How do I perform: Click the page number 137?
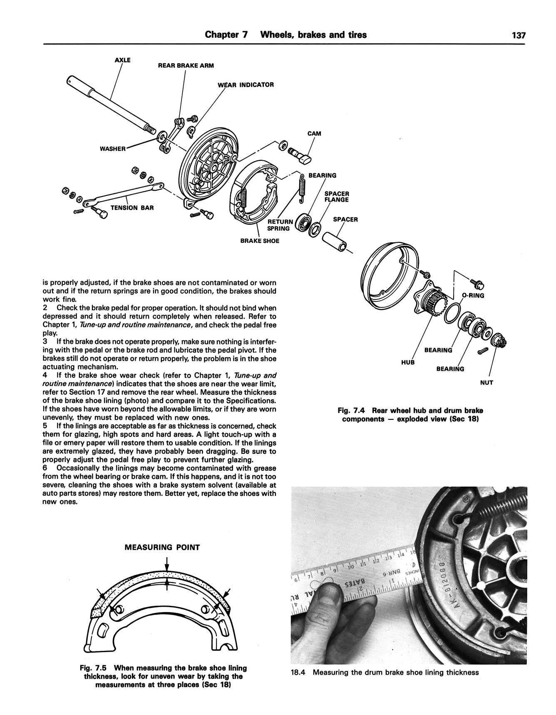pyautogui.click(x=519, y=35)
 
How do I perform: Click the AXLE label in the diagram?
pyautogui.click(x=122, y=60)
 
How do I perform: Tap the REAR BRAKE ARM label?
pyautogui.click(x=186, y=65)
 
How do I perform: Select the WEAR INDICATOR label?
pyautogui.click(x=246, y=85)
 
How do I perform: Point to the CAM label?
pyautogui.click(x=314, y=134)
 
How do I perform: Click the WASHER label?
pyautogui.click(x=112, y=149)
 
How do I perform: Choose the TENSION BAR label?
pyautogui.click(x=132, y=207)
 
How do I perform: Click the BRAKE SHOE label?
pyautogui.click(x=260, y=241)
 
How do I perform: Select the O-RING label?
pyautogui.click(x=473, y=296)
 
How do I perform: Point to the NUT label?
pyautogui.click(x=486, y=382)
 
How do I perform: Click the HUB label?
pyautogui.click(x=408, y=362)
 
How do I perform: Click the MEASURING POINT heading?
pyautogui.click(x=162, y=547)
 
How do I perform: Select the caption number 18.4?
pyautogui.click(x=298, y=672)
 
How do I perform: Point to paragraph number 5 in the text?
pyautogui.click(x=45, y=426)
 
